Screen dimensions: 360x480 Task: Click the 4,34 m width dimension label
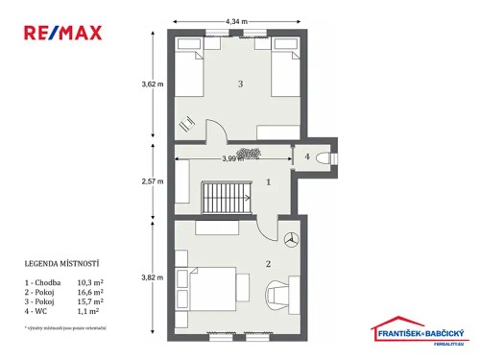[238, 20]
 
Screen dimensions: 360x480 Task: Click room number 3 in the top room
[240, 84]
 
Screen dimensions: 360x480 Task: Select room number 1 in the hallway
[269, 180]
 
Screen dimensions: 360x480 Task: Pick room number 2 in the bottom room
[269, 262]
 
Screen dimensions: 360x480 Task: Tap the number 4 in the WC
[307, 156]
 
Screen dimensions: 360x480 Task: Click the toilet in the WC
[326, 157]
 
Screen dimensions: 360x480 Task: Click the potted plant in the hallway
[249, 152]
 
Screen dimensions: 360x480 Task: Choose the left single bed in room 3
[190, 70]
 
